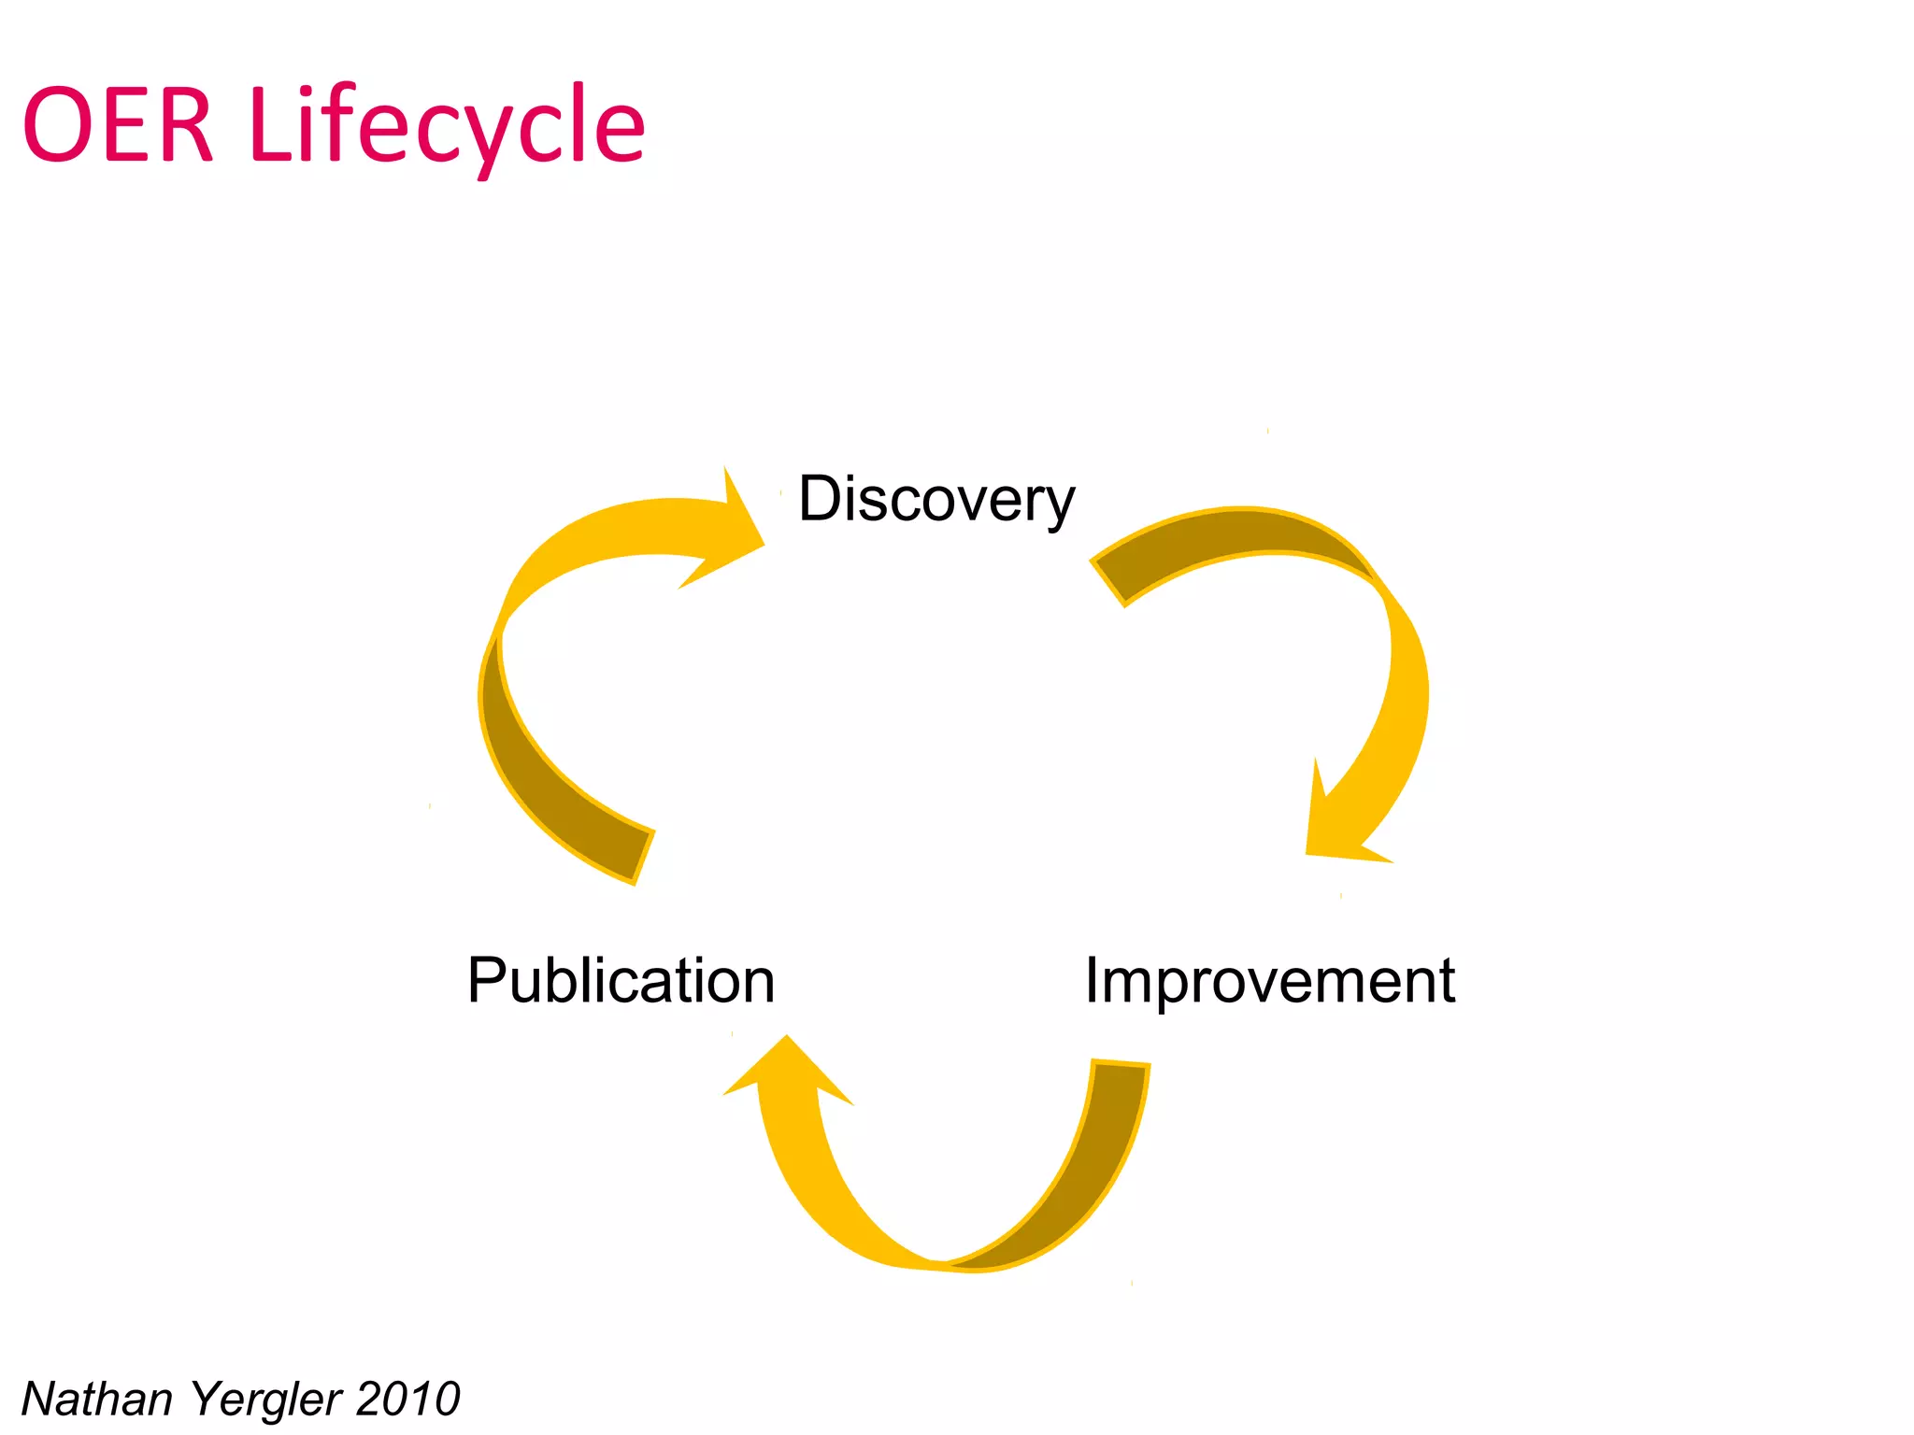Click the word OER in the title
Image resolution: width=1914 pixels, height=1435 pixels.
coord(118,125)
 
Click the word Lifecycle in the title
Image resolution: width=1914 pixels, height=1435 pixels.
coord(447,125)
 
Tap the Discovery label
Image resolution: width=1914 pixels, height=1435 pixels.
coord(936,500)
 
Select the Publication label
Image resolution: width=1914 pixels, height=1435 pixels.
coord(621,981)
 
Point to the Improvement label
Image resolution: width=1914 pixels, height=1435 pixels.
coord(1269,981)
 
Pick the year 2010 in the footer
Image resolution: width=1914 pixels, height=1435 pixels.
coord(407,1399)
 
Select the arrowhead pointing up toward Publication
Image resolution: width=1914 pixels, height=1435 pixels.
coord(787,1074)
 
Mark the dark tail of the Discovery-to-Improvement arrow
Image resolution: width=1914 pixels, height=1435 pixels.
coord(1215,542)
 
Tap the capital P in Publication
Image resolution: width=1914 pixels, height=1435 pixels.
coord(486,981)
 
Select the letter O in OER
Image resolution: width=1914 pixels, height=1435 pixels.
coord(56,125)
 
